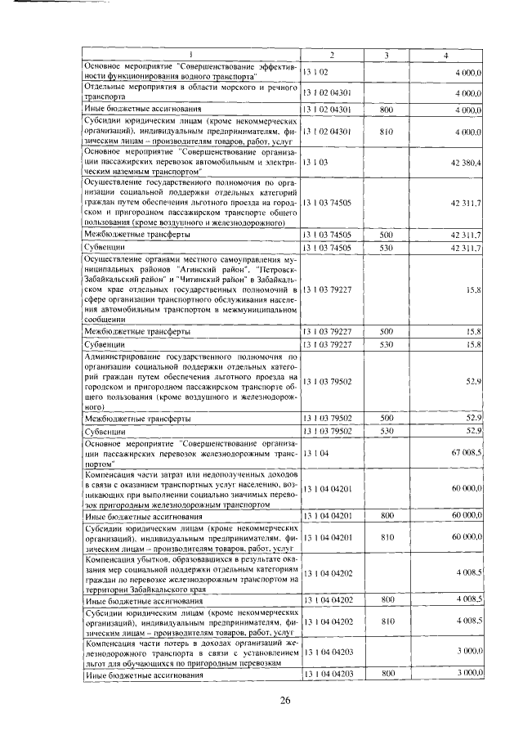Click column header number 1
click(190, 55)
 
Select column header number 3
click(386, 55)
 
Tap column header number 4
click(445, 55)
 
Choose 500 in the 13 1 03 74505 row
click(387, 235)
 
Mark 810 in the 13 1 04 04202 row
click(387, 621)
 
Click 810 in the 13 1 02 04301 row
click(387, 131)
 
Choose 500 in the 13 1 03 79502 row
click(387, 418)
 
